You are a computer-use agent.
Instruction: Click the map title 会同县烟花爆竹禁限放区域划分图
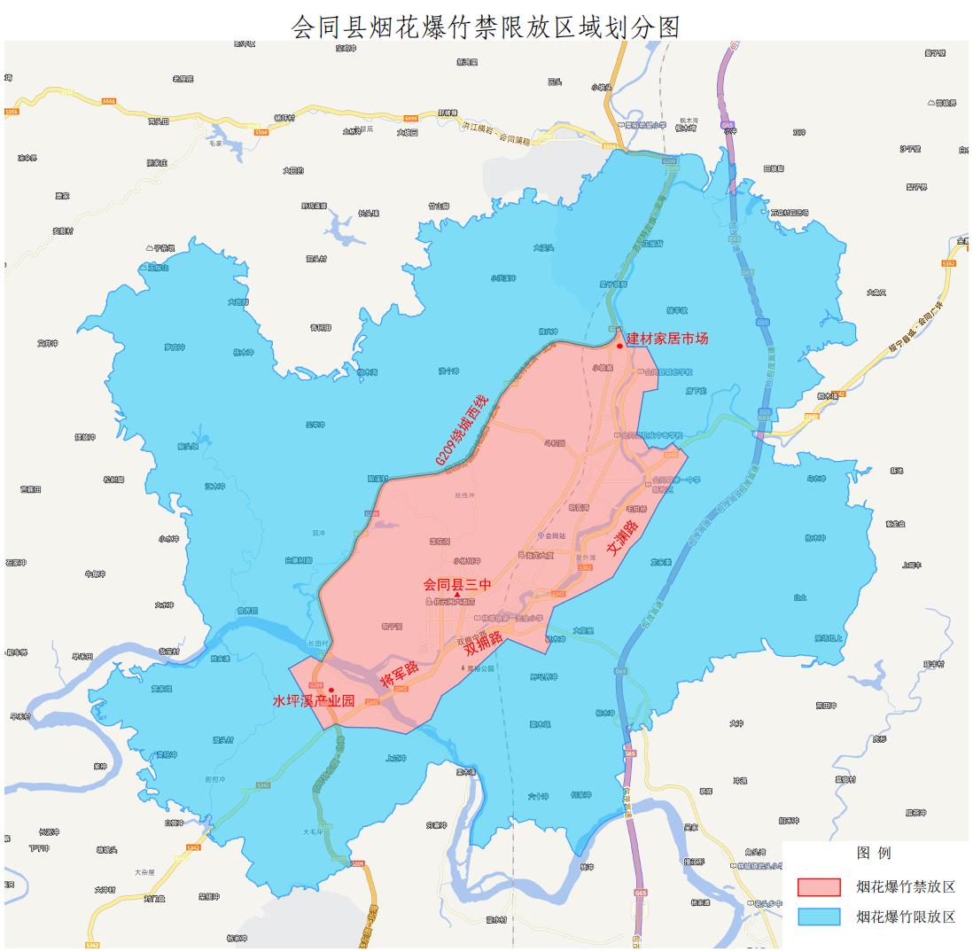point(486,27)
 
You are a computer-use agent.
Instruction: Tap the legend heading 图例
point(873,853)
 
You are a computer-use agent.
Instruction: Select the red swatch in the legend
point(818,886)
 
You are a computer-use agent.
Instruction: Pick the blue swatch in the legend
point(818,917)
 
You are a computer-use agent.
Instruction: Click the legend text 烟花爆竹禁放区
point(905,886)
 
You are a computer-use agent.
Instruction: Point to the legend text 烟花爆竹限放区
point(905,917)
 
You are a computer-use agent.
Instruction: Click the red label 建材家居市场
point(667,338)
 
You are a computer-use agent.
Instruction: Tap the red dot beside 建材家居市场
point(619,346)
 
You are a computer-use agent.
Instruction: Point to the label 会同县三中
point(456,584)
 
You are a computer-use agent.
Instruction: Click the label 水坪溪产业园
point(314,701)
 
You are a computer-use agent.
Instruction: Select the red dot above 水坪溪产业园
point(331,690)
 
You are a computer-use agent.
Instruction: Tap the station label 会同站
point(554,536)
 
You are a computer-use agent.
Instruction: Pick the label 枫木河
point(689,120)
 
